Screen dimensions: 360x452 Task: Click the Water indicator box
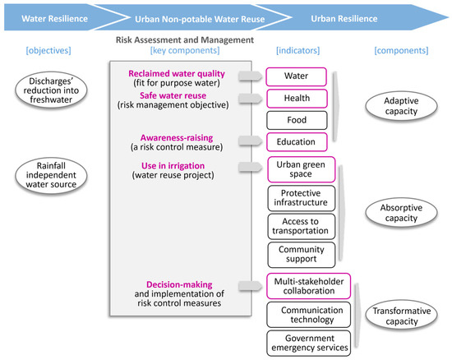[x=297, y=76]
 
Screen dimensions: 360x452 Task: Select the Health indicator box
[x=297, y=98]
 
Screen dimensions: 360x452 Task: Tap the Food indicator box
[x=297, y=119]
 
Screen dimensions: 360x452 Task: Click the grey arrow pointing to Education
[x=247, y=141]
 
